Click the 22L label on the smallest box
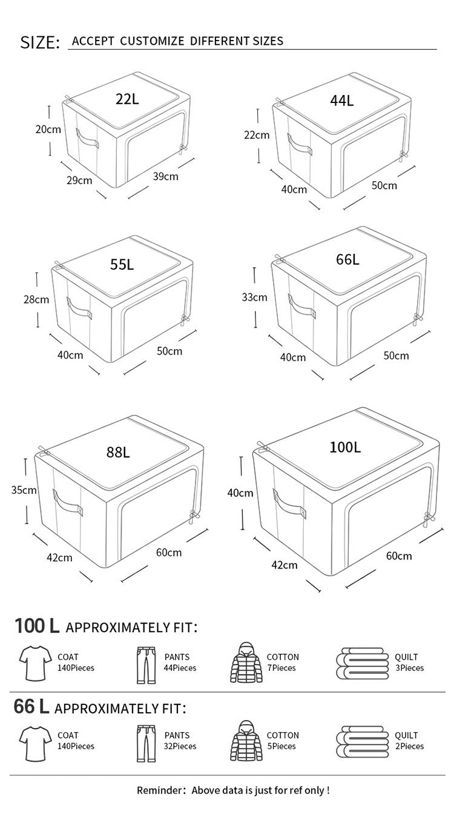(x=127, y=99)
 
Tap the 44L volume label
(x=342, y=101)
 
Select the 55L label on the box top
(x=122, y=264)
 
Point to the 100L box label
(x=345, y=447)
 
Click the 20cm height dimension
(x=48, y=129)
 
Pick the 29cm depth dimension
(x=79, y=180)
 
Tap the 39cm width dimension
(x=166, y=176)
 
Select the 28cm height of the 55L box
(x=36, y=299)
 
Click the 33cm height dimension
(x=254, y=297)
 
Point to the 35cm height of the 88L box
(x=24, y=490)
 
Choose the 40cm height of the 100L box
(x=240, y=493)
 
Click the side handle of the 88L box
(x=67, y=502)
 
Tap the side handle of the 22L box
(x=87, y=138)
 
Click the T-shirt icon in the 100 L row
(x=36, y=663)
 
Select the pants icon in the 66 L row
(x=146, y=743)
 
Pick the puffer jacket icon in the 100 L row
(x=246, y=662)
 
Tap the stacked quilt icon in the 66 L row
(x=362, y=742)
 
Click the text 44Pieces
(x=180, y=668)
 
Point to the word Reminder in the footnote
(x=159, y=790)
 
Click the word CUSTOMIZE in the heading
(x=152, y=41)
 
